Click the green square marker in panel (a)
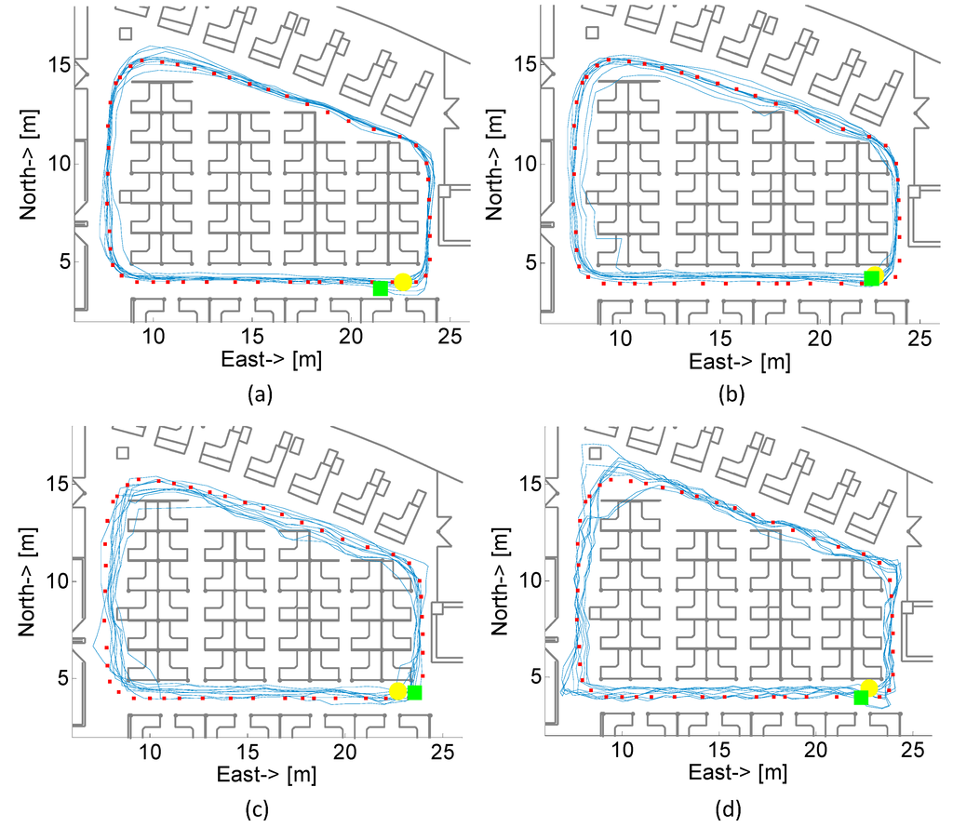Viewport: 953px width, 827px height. click(380, 288)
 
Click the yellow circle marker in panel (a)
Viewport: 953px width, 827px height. click(402, 282)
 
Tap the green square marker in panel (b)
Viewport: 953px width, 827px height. click(871, 278)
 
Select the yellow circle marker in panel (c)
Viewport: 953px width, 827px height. click(397, 691)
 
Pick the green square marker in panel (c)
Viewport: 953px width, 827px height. click(414, 692)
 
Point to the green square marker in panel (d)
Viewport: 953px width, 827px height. click(861, 698)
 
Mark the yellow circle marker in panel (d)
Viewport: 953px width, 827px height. click(869, 687)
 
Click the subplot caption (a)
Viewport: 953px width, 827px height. click(259, 394)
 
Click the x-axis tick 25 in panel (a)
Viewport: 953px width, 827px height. click(450, 336)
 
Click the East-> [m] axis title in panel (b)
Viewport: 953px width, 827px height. click(741, 361)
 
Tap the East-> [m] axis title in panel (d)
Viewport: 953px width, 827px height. click(736, 774)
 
